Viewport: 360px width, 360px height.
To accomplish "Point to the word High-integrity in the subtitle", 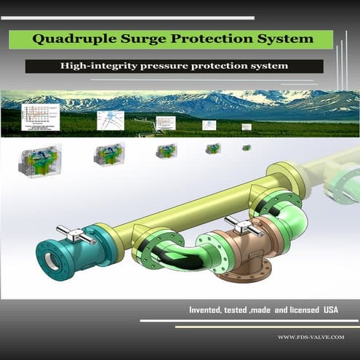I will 98,66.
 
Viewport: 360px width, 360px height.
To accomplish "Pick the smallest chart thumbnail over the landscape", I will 246,126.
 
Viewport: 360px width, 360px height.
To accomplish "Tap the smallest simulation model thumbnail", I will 247,148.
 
